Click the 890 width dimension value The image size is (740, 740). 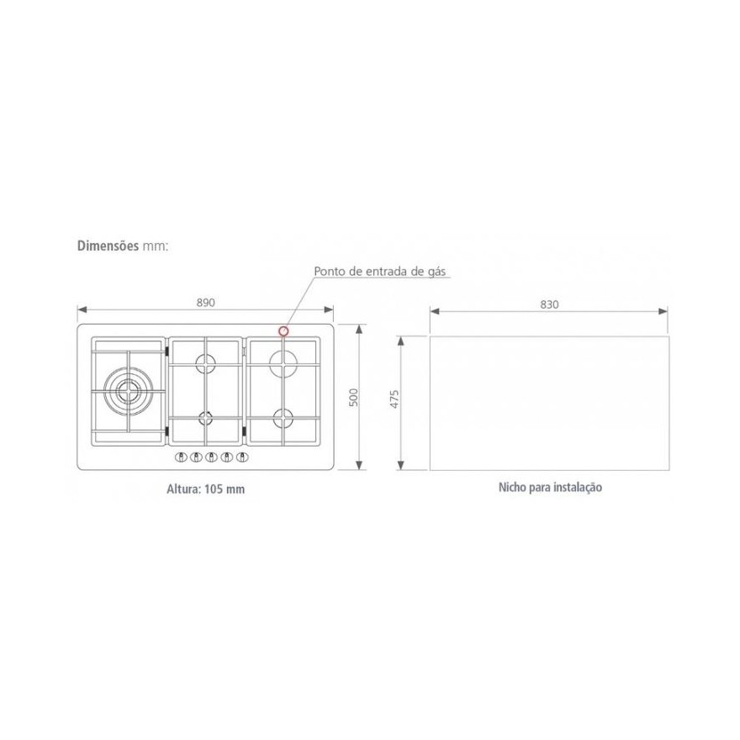coord(206,303)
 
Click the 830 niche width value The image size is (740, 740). coord(549,305)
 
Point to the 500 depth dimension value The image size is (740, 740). coord(353,398)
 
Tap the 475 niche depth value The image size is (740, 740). coord(394,399)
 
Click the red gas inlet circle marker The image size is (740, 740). coord(283,331)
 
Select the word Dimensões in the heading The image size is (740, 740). coord(108,246)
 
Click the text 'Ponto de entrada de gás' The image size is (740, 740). coord(380,272)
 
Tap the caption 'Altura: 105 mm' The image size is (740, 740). coord(206,489)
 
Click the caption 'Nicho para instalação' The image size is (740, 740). coord(550,487)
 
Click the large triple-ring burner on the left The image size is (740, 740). coord(128,391)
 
